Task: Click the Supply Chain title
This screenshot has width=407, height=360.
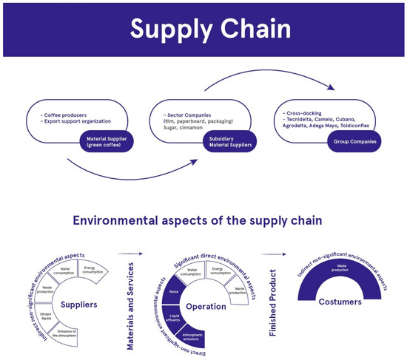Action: tap(203, 30)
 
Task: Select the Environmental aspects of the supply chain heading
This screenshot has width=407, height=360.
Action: tap(203, 220)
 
